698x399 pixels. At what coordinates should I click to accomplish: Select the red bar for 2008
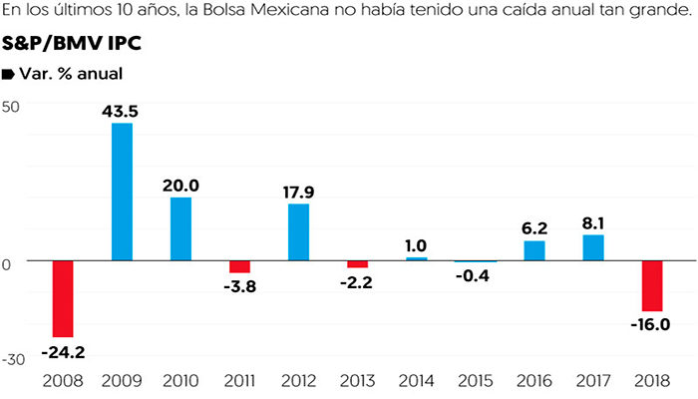(63, 298)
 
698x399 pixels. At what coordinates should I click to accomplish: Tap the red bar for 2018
(652, 285)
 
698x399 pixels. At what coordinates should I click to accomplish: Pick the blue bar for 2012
(298, 231)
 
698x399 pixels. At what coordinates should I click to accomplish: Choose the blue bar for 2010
(180, 228)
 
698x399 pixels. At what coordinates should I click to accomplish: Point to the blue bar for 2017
(593, 247)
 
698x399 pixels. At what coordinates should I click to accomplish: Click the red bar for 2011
(239, 266)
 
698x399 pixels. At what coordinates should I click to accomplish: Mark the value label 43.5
(120, 111)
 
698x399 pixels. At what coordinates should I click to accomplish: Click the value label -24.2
(64, 351)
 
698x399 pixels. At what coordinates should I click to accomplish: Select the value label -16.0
(651, 324)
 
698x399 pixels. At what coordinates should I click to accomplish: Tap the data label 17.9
(298, 192)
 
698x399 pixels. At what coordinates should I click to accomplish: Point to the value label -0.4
(475, 275)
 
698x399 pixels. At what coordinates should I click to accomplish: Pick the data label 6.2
(534, 227)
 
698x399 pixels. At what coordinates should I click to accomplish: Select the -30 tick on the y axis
(13, 358)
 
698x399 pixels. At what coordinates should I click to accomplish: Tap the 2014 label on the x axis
(416, 381)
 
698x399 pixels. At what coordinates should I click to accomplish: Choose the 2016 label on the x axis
(534, 381)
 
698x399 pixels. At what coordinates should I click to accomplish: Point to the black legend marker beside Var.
(8, 74)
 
